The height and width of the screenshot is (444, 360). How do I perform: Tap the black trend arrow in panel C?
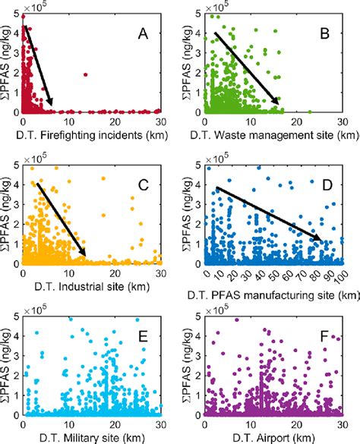click(61, 219)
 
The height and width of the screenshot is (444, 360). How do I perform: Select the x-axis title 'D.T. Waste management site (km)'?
click(273, 136)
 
